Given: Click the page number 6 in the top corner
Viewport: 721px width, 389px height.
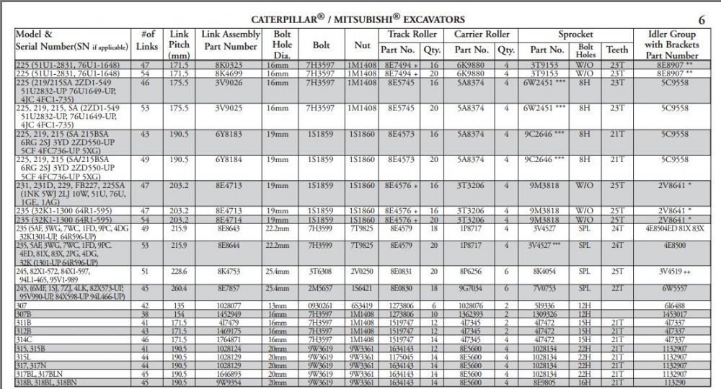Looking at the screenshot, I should coord(702,19).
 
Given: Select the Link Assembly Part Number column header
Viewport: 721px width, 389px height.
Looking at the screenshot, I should coord(230,40).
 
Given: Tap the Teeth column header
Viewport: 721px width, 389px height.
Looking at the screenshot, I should coord(617,50).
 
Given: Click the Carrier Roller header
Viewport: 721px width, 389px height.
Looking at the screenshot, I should coord(482,34).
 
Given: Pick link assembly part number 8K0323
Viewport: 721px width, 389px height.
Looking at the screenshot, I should coord(229,65).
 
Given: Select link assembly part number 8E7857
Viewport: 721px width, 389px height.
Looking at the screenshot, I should coord(229,289).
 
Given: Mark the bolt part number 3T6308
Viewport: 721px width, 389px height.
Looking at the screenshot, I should coord(321,272).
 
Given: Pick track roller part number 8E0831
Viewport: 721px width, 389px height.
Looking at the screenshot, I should coord(399,272).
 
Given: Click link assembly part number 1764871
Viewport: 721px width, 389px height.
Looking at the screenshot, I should coord(229,339).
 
